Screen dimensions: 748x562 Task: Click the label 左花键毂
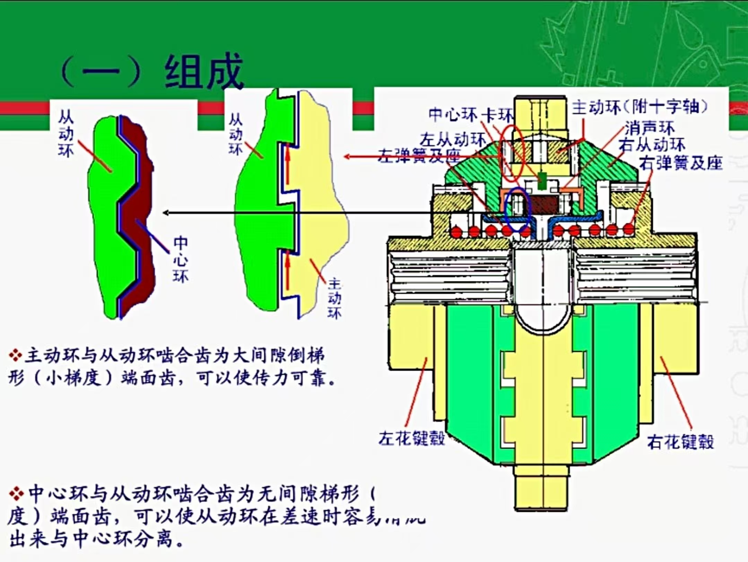point(411,438)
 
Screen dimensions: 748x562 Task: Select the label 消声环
point(650,129)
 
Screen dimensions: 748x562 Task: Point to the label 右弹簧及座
point(681,163)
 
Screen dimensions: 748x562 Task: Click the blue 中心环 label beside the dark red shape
point(181,260)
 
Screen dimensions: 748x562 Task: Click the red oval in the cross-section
point(510,152)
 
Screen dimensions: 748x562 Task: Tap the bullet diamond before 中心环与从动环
point(16,494)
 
